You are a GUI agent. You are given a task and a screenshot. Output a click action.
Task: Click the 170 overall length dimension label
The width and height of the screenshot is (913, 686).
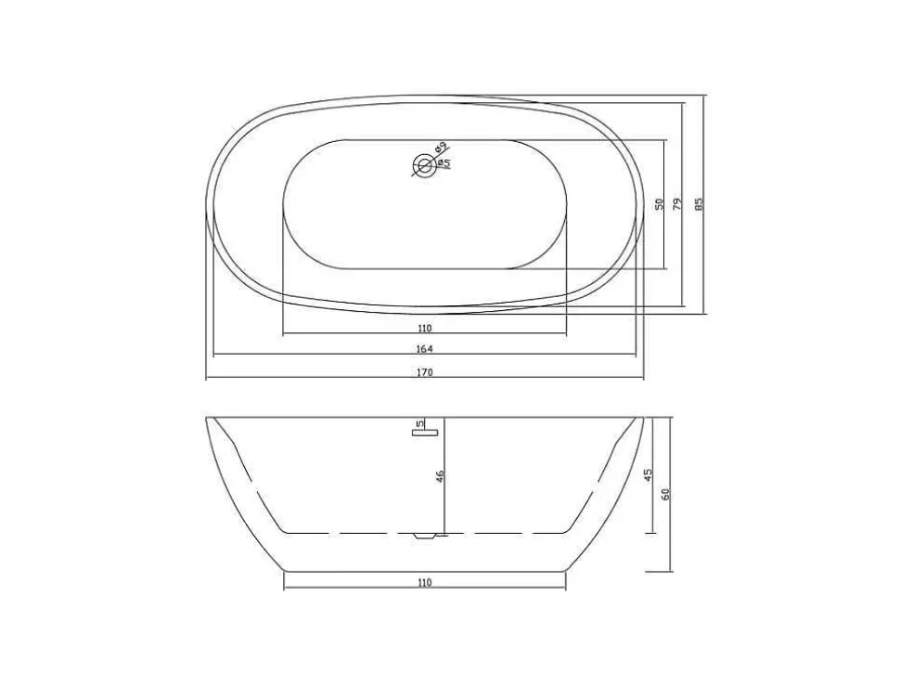point(424,372)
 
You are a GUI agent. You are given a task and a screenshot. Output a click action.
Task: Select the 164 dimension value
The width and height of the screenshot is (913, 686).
point(424,349)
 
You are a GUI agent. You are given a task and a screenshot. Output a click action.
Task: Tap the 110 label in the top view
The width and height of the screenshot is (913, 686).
point(424,329)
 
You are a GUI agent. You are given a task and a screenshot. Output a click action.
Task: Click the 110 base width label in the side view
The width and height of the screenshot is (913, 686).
point(424,582)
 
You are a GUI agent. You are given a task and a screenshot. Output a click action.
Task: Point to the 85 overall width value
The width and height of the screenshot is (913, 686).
point(700,204)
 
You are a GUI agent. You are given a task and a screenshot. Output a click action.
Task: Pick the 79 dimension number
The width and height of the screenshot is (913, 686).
point(677,204)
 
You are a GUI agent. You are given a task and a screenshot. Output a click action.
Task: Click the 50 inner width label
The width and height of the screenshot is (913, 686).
point(659,204)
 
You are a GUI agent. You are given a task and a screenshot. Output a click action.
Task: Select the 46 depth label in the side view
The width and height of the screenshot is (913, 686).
point(440,476)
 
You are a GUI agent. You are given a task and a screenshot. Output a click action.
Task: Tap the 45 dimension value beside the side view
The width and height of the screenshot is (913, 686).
point(649,474)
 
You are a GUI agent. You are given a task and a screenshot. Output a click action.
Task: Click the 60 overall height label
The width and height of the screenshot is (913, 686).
point(666,493)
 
